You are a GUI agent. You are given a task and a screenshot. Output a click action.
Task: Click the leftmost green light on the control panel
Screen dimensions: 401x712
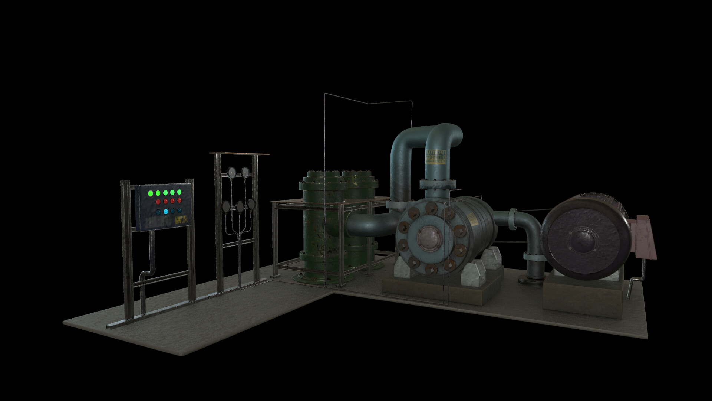click(151, 193)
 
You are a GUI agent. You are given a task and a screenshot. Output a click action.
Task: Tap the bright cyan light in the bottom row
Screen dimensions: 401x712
click(166, 212)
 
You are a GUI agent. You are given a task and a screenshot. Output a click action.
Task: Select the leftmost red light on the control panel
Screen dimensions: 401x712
click(158, 202)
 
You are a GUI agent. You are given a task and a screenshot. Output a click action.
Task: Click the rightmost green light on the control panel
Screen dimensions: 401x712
click(179, 192)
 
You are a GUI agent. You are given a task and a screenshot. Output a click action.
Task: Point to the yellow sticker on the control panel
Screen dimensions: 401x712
click(181, 220)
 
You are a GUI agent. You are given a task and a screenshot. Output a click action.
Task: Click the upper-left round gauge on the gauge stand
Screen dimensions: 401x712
click(231, 172)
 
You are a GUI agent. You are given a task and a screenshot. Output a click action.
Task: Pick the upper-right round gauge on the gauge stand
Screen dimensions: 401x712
click(245, 172)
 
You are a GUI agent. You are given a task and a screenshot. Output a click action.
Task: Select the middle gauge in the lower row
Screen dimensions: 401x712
click(240, 206)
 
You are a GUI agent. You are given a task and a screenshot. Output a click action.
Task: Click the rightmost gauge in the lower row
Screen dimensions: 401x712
click(252, 203)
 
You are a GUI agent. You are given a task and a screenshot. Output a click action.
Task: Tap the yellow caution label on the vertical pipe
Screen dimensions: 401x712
click(435, 157)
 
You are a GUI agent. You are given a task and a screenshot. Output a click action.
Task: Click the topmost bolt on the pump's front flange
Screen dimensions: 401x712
click(431, 208)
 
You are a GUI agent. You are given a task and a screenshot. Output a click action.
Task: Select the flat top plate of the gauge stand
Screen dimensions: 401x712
click(239, 153)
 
